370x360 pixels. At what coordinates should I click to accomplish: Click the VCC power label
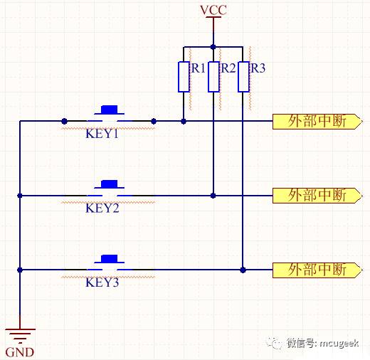coord(213,10)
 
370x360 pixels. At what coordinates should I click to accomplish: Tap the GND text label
coord(20,352)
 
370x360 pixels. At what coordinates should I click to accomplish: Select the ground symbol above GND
coord(20,336)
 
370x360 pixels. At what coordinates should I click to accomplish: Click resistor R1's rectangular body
coord(184,77)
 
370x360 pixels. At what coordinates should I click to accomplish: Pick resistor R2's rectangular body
coord(213,77)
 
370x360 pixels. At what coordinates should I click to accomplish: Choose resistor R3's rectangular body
coord(243,77)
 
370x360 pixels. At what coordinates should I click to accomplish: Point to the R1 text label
coord(199,68)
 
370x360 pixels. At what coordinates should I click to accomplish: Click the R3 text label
coord(258,68)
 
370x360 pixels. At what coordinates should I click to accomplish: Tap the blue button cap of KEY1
coord(110,110)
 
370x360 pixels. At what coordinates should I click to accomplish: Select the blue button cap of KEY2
coord(110,184)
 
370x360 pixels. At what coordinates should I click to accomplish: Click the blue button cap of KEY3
coord(110,259)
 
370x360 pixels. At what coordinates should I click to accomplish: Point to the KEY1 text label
coord(102,134)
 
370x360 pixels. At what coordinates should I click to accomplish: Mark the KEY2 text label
coord(102,208)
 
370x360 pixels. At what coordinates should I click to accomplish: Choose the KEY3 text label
coord(102,282)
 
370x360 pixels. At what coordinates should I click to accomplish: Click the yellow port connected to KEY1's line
coord(317,122)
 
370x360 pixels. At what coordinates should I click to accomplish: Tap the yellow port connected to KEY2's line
coord(317,196)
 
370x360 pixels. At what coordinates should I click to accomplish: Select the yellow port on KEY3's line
coord(317,270)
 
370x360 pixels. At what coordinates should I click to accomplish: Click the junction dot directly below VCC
coord(213,47)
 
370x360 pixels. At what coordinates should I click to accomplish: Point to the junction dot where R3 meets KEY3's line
coord(243,270)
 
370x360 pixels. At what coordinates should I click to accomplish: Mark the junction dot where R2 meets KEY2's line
coord(213,196)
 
